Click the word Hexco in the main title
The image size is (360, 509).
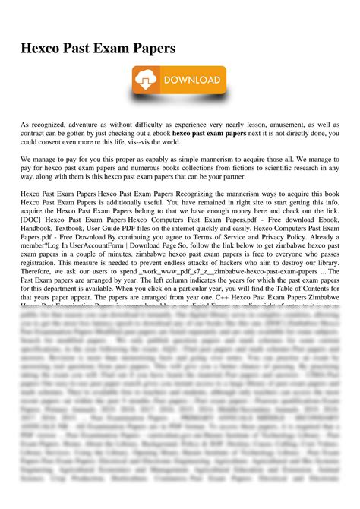40,47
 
